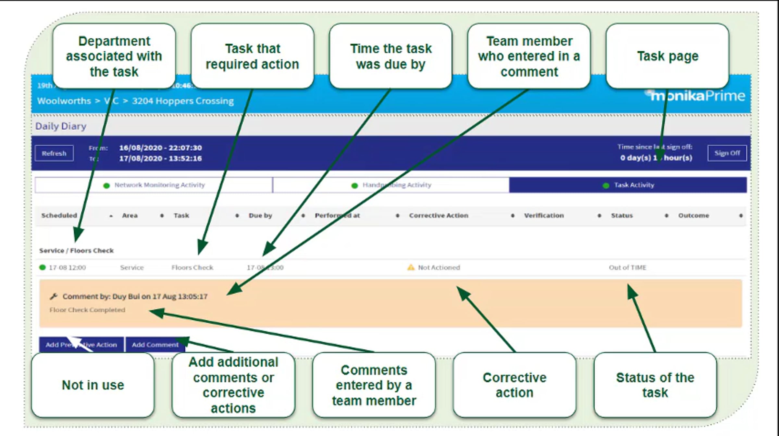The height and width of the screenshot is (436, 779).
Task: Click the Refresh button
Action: [54, 153]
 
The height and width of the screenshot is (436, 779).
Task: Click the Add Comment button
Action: [155, 344]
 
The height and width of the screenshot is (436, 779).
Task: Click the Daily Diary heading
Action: [61, 126]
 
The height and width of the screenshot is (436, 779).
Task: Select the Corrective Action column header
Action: [439, 216]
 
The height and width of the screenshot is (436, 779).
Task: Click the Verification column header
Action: [544, 216]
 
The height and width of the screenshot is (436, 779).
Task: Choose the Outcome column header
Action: [694, 216]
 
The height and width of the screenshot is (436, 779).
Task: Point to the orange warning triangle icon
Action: [411, 267]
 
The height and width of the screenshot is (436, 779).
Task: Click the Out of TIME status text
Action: [627, 268]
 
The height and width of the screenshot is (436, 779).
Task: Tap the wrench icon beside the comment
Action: [54, 296]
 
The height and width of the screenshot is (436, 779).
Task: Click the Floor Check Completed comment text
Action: [87, 310]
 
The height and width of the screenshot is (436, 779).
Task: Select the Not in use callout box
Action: [93, 385]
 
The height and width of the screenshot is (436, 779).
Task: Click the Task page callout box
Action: [667, 56]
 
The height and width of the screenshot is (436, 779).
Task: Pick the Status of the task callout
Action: [655, 385]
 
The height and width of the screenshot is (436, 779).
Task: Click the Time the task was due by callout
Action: [391, 56]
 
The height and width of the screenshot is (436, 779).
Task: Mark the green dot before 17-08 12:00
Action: [42, 268]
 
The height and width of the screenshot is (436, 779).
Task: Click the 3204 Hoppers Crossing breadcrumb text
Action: [183, 101]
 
